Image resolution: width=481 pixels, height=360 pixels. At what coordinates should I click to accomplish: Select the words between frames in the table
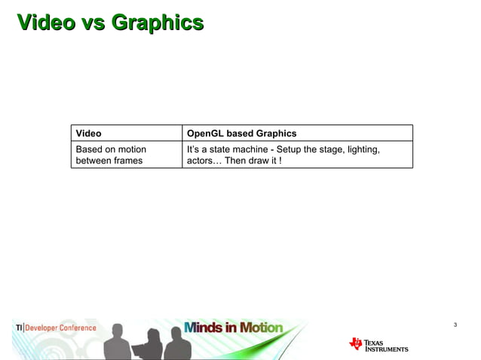(109, 160)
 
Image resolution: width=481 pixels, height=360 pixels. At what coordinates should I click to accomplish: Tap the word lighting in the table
(360, 149)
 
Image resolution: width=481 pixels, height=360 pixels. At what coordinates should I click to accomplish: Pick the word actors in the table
(201, 160)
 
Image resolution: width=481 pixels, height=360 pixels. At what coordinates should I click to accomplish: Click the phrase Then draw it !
(254, 160)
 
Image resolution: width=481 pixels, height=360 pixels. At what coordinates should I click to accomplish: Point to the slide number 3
(455, 325)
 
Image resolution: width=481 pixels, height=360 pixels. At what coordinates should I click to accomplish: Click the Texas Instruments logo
(378, 345)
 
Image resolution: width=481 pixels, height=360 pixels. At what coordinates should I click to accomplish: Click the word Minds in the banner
(202, 328)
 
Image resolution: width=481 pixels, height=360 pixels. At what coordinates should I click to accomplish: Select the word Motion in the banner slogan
(262, 328)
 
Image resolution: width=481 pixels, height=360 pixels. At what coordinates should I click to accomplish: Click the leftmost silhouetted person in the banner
(117, 343)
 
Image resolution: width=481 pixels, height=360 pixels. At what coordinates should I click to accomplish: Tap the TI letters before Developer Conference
(19, 328)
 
